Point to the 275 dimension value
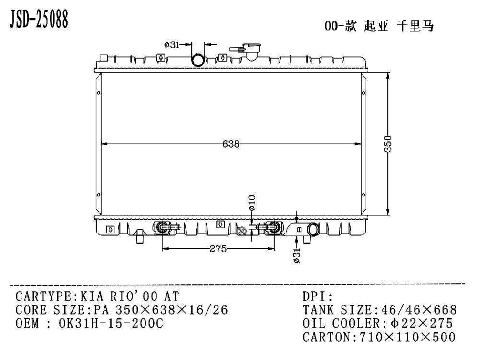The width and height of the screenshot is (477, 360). coord(218,249)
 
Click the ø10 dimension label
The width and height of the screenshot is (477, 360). coord(252,203)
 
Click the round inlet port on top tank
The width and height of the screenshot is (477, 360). coord(198,61)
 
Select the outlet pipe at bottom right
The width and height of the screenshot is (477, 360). coord(313,230)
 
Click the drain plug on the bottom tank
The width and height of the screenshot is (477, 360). coord(139,235)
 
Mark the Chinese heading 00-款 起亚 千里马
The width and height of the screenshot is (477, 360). coord(379,27)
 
